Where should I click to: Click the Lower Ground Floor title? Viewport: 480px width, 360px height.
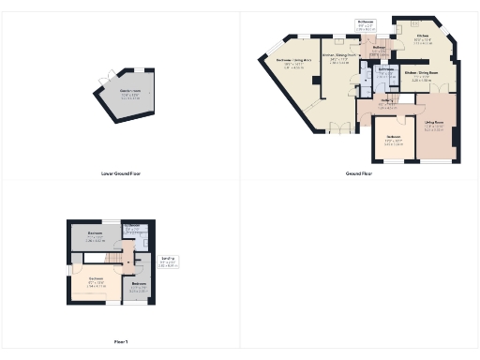tap(121, 173)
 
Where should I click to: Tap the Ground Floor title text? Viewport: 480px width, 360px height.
tap(359, 173)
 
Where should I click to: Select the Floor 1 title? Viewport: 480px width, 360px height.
tap(121, 342)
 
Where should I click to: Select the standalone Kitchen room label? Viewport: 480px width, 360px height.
tap(424, 40)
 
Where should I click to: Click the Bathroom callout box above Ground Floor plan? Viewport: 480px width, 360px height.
tap(366, 23)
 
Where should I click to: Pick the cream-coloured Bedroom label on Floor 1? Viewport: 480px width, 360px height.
tap(97, 280)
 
